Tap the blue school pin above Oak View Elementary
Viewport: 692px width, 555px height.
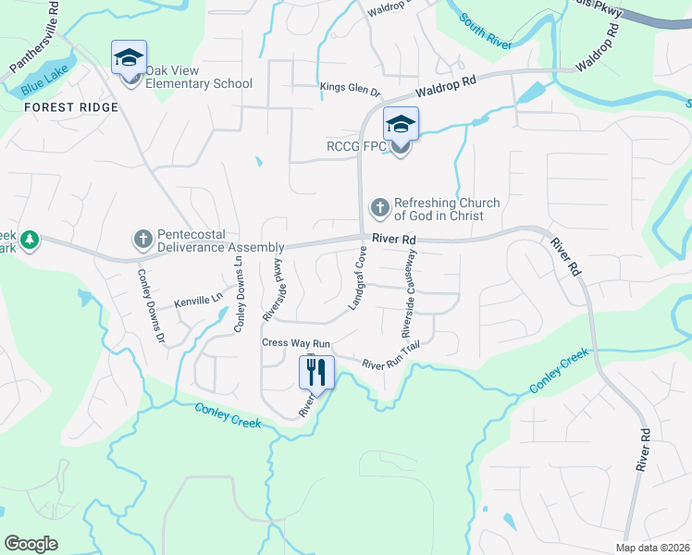129,58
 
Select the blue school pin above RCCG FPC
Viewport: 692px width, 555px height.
401,124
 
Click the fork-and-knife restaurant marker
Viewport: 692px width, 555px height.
316,373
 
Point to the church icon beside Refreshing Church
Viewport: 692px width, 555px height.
378,207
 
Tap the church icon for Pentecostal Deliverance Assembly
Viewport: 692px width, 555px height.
142,240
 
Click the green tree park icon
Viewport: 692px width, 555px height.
31,240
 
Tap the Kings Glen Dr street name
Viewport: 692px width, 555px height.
351,89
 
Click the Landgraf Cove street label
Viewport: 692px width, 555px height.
357,277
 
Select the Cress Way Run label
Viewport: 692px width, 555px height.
296,342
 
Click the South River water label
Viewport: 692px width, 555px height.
487,21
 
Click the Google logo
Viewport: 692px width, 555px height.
31,543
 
